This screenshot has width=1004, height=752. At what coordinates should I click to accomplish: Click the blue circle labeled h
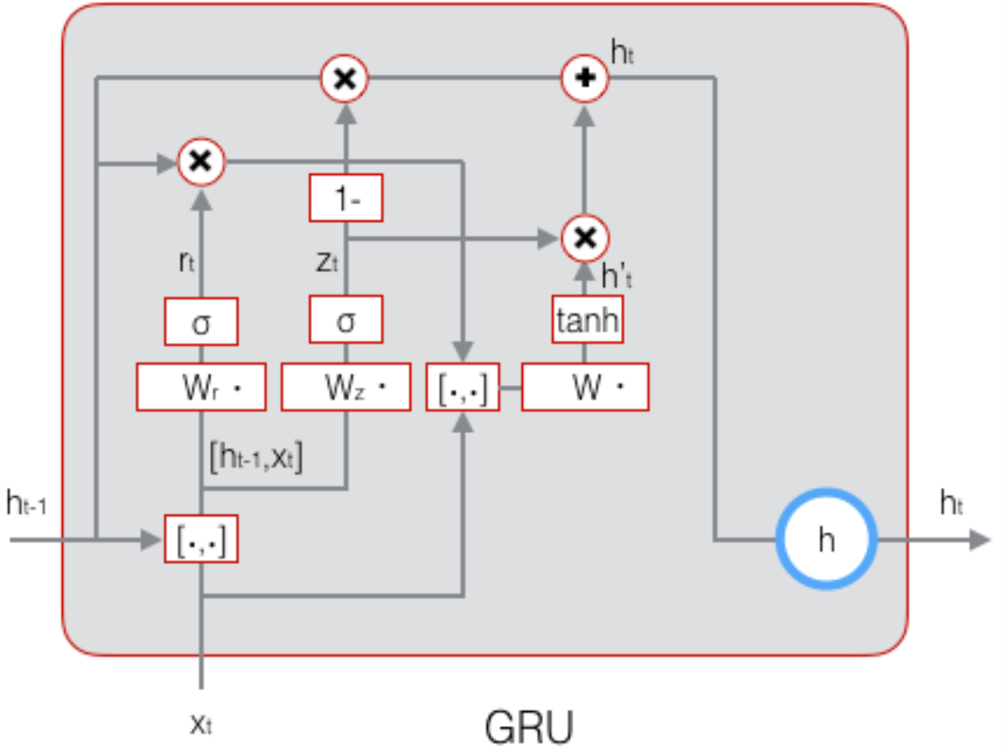pos(826,540)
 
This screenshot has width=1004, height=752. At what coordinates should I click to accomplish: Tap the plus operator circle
pos(585,78)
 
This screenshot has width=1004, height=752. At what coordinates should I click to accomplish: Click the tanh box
pos(586,321)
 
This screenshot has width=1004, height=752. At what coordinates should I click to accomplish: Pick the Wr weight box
pos(201,387)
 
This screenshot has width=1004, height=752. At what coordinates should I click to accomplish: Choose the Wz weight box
pos(346,387)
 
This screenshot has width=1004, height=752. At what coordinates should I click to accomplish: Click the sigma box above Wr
pos(201,321)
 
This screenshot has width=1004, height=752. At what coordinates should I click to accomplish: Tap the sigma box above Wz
pos(346,321)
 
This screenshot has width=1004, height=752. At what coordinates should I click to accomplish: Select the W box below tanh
pos(585,387)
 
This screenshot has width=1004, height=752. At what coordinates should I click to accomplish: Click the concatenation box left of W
pos(463,387)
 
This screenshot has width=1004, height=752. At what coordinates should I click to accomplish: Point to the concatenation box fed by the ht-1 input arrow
pos(201,539)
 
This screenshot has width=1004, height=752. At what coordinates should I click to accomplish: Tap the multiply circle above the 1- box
pos(345,78)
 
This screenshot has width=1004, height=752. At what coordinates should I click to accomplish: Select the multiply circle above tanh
pos(585,238)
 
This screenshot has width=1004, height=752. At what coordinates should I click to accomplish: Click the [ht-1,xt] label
pos(257,459)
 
